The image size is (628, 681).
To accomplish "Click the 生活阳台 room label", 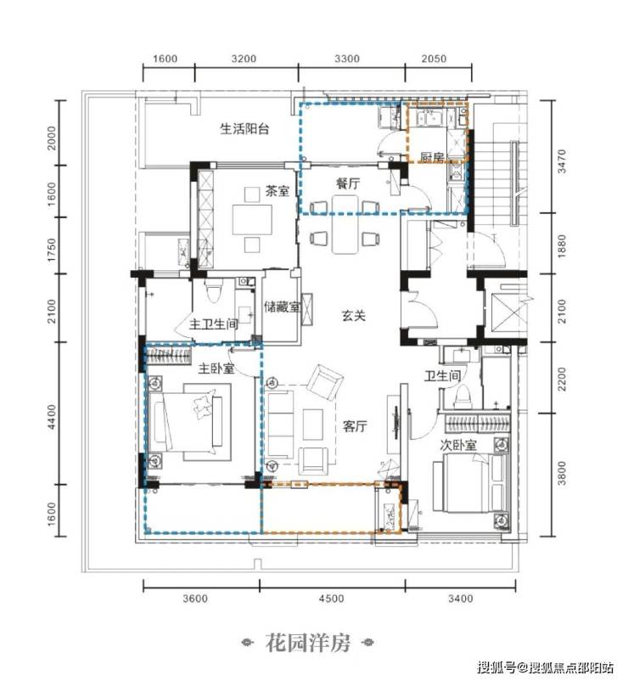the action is [x=244, y=129].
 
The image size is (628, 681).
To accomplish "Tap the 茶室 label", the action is [x=278, y=191].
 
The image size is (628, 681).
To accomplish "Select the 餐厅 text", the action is [x=348, y=183].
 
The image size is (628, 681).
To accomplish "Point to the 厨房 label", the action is [x=432, y=157].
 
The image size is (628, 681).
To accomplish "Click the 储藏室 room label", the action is [x=282, y=307].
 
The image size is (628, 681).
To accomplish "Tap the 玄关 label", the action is [x=354, y=316].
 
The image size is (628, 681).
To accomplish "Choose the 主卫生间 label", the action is [x=214, y=324].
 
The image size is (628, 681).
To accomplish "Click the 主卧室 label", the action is [x=216, y=369].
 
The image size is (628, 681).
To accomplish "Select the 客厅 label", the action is [x=355, y=426].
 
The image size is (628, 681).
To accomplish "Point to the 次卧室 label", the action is [x=458, y=445].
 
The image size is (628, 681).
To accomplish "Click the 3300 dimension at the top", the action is [x=347, y=59].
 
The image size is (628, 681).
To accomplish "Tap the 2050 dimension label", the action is [x=434, y=59].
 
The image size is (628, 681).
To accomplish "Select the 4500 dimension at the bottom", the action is [x=332, y=599].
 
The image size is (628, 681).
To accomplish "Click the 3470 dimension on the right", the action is [x=563, y=161].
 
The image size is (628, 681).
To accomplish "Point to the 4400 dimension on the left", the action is [x=52, y=417].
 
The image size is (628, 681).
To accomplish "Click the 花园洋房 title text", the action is [x=308, y=644].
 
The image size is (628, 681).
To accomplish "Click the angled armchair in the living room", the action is [x=325, y=381].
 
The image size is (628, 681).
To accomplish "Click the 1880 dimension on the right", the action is [x=563, y=246].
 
